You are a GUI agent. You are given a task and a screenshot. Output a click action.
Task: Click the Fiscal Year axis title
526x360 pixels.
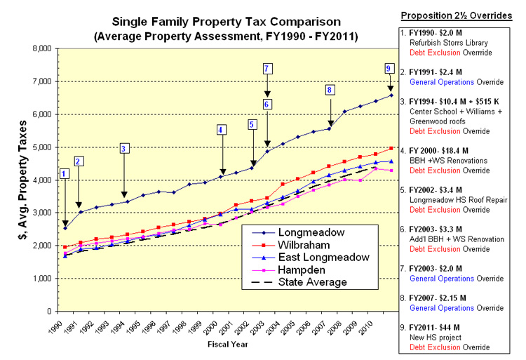point(227,344)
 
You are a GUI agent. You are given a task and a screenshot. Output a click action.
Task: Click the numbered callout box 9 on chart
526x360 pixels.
point(389,68)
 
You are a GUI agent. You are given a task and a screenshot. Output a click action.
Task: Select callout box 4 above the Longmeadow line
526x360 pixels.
point(221,129)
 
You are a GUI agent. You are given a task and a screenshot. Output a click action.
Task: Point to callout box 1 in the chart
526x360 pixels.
point(65,173)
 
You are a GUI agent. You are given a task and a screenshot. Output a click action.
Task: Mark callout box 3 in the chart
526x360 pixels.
point(123,148)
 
